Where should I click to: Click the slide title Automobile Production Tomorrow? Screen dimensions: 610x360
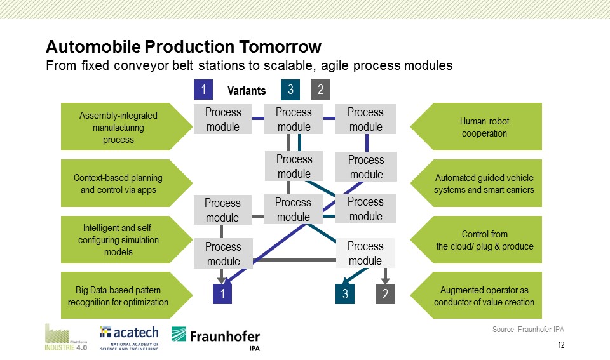click(x=184, y=46)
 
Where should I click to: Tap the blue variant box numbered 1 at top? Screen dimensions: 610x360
click(x=203, y=90)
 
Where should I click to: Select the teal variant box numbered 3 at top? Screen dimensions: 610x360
click(x=290, y=90)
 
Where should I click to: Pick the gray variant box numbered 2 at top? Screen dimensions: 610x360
click(x=320, y=90)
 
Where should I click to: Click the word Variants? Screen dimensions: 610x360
click(x=247, y=91)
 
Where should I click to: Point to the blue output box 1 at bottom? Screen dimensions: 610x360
click(x=222, y=293)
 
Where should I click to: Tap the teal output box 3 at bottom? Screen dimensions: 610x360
click(x=345, y=293)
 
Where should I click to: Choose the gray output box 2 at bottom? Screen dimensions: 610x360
click(x=385, y=293)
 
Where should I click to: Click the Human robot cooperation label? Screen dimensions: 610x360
click(x=484, y=127)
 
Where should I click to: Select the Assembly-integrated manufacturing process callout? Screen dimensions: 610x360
click(x=118, y=127)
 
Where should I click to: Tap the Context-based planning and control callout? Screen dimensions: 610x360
click(x=118, y=183)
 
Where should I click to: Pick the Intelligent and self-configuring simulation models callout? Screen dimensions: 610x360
click(x=118, y=240)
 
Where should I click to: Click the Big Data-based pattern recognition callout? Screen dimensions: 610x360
click(x=118, y=296)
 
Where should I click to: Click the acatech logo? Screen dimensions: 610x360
click(x=129, y=338)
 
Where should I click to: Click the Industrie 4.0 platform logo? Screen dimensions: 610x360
click(x=65, y=337)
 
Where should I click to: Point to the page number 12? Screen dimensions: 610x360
click(x=561, y=345)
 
